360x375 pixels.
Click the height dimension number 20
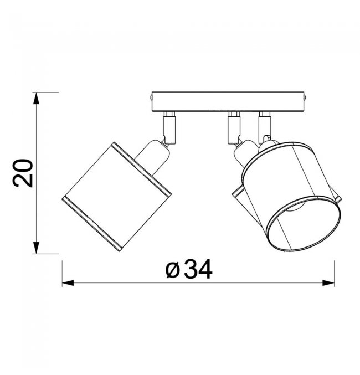pyautogui.click(x=23, y=173)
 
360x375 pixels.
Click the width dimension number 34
pyautogui.click(x=198, y=269)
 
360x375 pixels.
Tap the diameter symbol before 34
pyautogui.click(x=172, y=270)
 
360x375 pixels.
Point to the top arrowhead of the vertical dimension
pyautogui.click(x=36, y=98)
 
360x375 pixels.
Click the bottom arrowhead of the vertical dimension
pyautogui.click(x=36, y=248)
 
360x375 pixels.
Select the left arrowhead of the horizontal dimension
pyautogui.click(x=68, y=283)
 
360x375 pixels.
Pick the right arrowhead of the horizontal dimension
pyautogui.click(x=328, y=283)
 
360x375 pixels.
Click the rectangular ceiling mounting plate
pyautogui.click(x=228, y=101)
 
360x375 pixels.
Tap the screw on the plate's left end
pyautogui.click(x=151, y=97)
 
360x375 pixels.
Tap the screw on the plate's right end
pyautogui.click(x=305, y=97)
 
